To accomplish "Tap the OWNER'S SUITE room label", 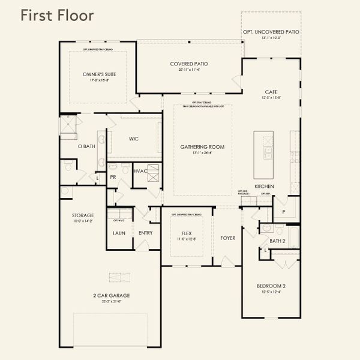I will coord(99,74).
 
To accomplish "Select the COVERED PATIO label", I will coord(189,64).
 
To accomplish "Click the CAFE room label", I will coord(271,92).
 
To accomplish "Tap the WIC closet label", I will coord(134,139).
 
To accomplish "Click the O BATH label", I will coord(87,146).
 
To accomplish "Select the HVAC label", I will coord(140,171).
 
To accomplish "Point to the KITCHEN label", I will coord(264,187).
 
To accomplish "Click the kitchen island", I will coord(263,154).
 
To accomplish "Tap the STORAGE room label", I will coord(83,215).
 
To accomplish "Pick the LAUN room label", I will coord(119,233).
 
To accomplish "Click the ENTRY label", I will coord(145,233).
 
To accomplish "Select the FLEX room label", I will coord(186,234).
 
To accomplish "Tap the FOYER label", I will coord(227,238).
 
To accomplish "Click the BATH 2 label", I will coord(277,241).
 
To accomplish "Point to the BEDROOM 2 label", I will coord(271,287).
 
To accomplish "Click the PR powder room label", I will coord(113,178).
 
